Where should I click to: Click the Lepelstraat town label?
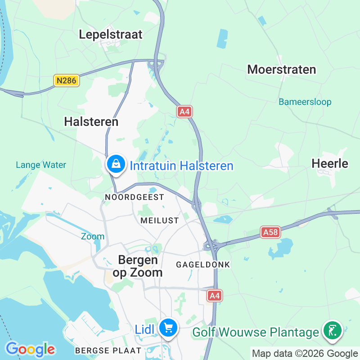(110, 34)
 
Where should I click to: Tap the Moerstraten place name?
(282, 69)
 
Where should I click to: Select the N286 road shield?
(67, 81)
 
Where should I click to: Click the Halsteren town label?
(91, 121)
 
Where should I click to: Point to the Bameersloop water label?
(305, 102)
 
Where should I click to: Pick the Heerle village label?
(330, 163)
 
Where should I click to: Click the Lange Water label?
(41, 165)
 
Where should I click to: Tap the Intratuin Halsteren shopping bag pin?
(116, 165)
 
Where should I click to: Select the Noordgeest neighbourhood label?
(134, 197)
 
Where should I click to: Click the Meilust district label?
(159, 220)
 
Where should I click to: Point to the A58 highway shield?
(270, 232)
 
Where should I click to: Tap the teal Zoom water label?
(93, 236)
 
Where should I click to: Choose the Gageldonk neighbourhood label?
(203, 265)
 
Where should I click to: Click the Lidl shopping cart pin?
(168, 328)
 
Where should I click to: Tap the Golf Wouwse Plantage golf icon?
(333, 331)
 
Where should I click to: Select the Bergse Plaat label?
(108, 350)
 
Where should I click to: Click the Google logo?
(30, 349)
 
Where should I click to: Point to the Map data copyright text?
(304, 354)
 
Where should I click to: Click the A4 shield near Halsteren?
(184, 112)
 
